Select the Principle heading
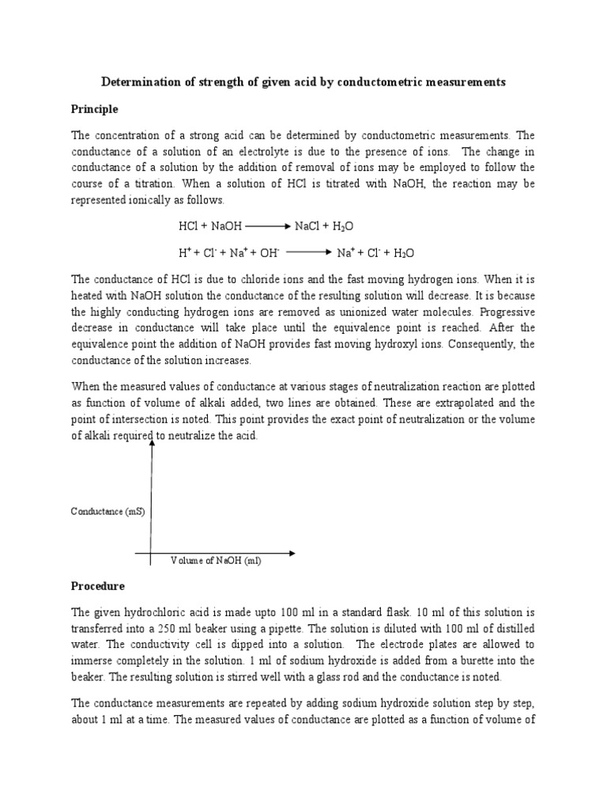click(x=95, y=108)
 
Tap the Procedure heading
click(x=99, y=586)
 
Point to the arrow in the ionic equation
click(x=307, y=253)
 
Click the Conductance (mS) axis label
click(x=108, y=511)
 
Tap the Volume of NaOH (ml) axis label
click(x=216, y=561)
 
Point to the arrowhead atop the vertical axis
click(x=151, y=443)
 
